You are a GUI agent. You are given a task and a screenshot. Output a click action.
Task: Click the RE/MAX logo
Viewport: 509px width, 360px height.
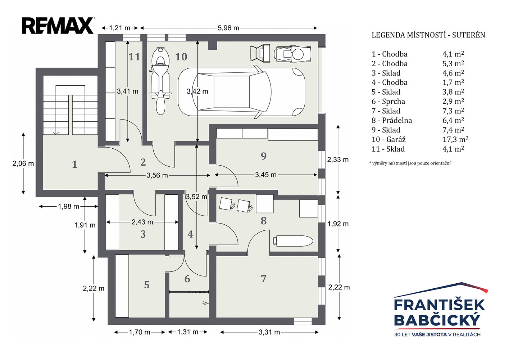pyautogui.click(x=58, y=26)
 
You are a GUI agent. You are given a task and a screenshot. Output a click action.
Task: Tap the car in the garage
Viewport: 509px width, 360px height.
pyautogui.click(x=241, y=92)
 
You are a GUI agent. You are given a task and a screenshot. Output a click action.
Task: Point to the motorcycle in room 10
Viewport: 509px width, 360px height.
pyautogui.click(x=160, y=81)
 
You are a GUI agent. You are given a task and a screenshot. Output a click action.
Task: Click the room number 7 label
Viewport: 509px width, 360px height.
pyautogui.click(x=263, y=279)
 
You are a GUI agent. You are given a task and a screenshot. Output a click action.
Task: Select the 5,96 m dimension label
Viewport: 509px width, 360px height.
pyautogui.click(x=228, y=28)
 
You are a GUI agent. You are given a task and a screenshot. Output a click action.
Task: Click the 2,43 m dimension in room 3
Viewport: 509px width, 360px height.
pyautogui.click(x=142, y=222)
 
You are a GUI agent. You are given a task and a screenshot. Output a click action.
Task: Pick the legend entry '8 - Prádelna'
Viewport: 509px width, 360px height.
pyautogui.click(x=392, y=120)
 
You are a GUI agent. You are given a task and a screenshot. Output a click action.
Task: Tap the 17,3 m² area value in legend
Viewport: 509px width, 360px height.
pyautogui.click(x=455, y=139)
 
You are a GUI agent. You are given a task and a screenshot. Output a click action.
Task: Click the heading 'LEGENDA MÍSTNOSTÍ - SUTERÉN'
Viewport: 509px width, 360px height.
pyautogui.click(x=428, y=35)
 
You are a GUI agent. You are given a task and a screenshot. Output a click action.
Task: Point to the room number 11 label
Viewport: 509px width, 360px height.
pyautogui.click(x=134, y=57)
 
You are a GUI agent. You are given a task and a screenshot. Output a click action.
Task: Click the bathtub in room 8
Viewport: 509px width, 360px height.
pyautogui.click(x=292, y=241)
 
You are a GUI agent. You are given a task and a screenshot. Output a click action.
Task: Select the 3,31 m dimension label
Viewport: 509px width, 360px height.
pyautogui.click(x=269, y=332)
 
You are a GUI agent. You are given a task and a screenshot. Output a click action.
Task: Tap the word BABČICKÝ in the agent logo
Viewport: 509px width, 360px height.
pyautogui.click(x=437, y=320)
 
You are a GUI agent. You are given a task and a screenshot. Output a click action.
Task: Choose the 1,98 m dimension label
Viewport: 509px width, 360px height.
pyautogui.click(x=69, y=207)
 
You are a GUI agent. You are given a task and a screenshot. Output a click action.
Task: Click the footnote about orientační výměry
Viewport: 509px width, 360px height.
pyautogui.click(x=410, y=163)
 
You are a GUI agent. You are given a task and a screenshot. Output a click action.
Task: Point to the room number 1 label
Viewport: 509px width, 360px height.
pyautogui.click(x=74, y=165)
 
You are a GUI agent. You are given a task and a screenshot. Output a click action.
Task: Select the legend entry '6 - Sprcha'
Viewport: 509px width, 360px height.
pyautogui.click(x=388, y=102)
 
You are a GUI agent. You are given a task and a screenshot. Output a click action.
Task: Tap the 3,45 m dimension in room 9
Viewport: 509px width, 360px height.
pyautogui.click(x=265, y=175)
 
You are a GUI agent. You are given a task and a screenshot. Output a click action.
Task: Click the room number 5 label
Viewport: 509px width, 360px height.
pyautogui.click(x=147, y=285)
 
